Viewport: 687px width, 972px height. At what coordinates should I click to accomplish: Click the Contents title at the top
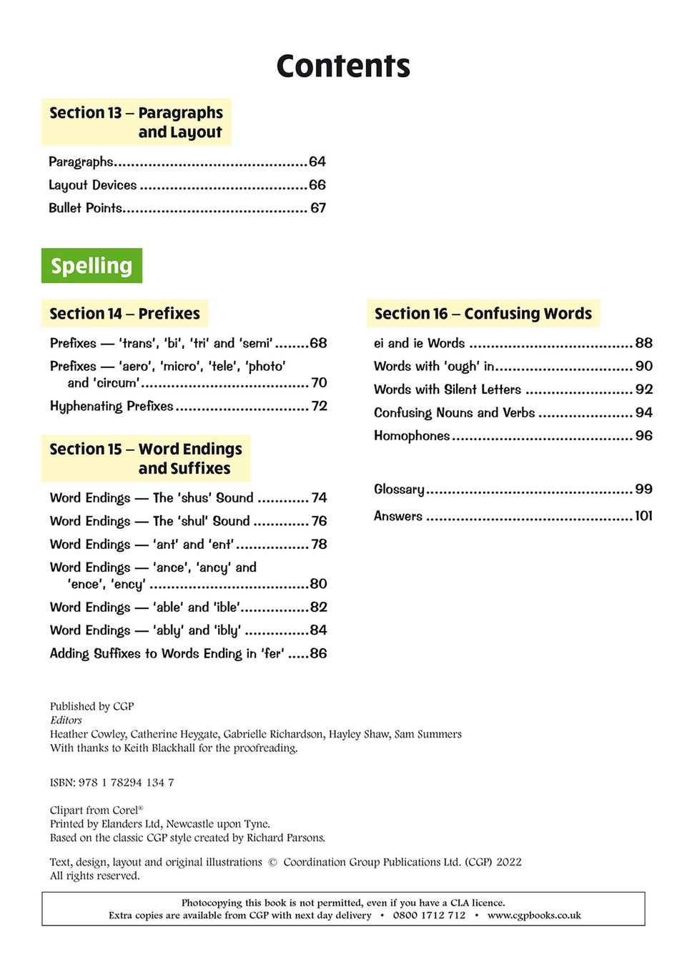(343, 66)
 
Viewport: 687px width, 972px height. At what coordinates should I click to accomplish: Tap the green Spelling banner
(92, 266)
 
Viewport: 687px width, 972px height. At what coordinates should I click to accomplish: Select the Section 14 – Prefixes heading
(124, 314)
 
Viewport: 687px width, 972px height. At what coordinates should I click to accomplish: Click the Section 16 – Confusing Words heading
(483, 314)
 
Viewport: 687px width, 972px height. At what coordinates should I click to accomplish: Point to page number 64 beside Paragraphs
(317, 162)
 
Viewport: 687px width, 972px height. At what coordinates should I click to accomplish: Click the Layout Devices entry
(92, 185)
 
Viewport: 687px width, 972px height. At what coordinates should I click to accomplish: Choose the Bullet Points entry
(85, 208)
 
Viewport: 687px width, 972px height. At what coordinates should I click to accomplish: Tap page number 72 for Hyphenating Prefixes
(320, 406)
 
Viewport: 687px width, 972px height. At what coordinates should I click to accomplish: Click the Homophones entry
(412, 436)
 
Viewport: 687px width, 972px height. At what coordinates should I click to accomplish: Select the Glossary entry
(399, 490)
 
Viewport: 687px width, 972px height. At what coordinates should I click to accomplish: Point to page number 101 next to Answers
(643, 516)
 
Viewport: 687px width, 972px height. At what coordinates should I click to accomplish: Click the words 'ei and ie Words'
(419, 343)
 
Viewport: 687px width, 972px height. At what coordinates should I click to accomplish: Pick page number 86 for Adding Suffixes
(318, 653)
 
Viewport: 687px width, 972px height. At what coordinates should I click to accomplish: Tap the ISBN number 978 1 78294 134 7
(126, 783)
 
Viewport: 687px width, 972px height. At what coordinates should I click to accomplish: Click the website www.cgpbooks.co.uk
(534, 916)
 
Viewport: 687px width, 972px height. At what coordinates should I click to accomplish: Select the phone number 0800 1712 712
(429, 916)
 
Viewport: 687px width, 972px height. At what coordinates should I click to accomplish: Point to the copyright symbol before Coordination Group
(272, 863)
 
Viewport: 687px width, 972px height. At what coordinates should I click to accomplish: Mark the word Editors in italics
(66, 720)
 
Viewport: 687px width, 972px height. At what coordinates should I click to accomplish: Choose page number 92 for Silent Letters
(644, 390)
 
